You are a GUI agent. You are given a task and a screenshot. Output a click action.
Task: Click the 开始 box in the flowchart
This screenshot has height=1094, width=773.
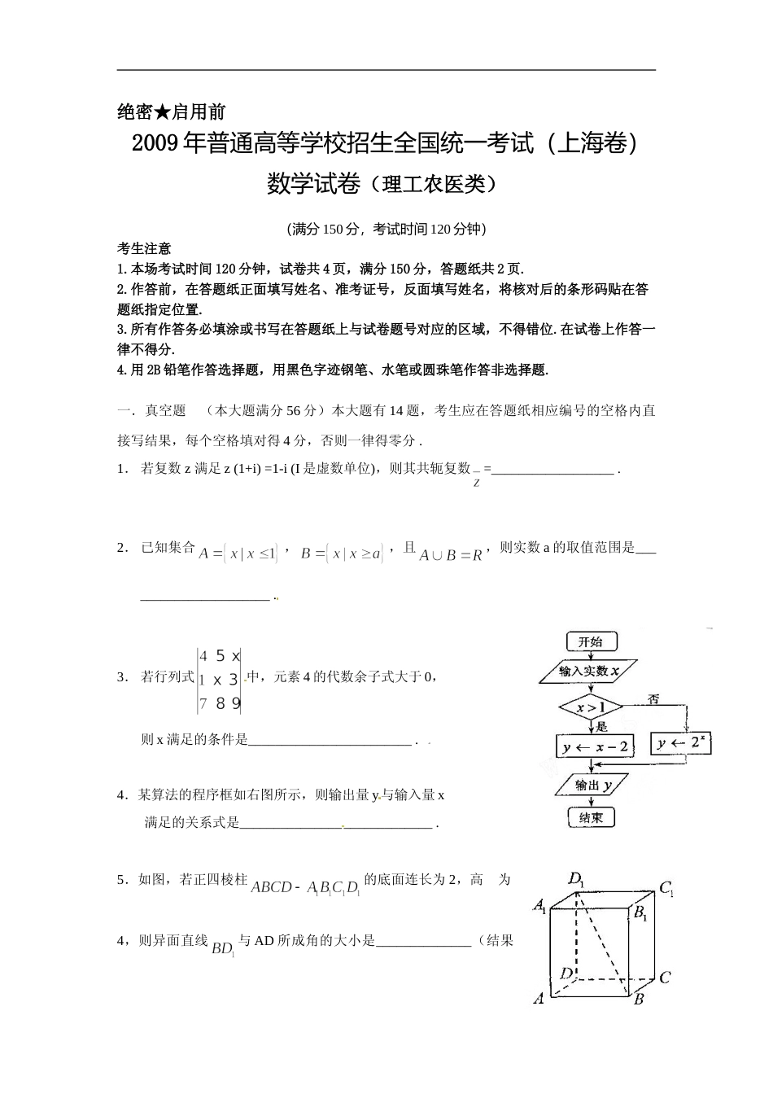pos(590,642)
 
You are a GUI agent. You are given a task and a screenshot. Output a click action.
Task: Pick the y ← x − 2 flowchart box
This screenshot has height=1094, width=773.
pos(595,746)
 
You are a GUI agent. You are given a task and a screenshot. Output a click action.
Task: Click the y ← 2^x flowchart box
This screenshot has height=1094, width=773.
pos(682,743)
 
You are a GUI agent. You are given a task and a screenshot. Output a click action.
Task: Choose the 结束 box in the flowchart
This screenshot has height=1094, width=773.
pos(591,818)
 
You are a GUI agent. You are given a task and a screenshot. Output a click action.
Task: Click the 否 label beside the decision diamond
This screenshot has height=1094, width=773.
pos(653,698)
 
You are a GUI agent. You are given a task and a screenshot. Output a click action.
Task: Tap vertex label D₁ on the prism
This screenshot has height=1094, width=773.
pos(577,879)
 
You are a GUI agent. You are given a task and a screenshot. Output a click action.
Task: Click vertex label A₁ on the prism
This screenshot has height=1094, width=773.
pos(539,905)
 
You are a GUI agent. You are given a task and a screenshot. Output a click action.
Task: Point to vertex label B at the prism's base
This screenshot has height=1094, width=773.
pos(639,999)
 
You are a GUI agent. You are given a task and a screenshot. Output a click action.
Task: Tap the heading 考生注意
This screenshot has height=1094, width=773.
pos(144,249)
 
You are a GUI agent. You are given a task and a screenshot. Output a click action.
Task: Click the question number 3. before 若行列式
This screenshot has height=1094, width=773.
pos(122,676)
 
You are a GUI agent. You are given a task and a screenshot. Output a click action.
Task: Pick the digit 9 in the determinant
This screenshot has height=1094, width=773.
pos(236,703)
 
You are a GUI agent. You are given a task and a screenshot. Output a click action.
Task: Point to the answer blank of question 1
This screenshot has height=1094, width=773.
pos(553,470)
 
